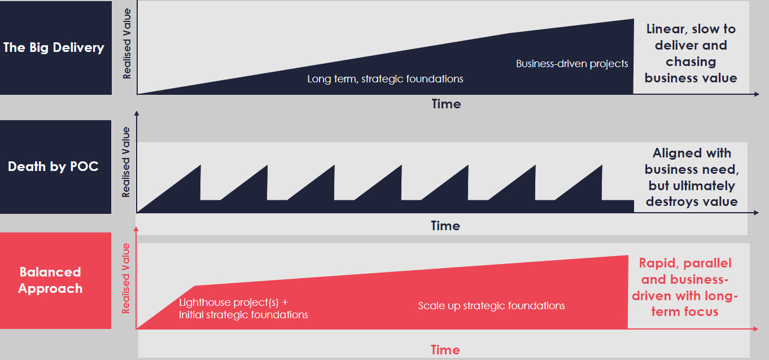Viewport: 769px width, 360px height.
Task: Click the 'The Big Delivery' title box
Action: pos(56,48)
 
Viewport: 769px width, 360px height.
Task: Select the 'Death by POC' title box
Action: pos(56,167)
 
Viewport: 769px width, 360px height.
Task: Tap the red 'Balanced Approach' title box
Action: pos(56,280)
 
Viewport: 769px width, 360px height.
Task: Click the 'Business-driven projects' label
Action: pos(572,64)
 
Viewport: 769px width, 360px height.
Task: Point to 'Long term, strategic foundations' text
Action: pos(385,79)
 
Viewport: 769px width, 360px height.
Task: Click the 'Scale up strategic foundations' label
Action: pos(491,305)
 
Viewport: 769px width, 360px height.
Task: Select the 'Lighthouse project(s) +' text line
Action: pos(233,302)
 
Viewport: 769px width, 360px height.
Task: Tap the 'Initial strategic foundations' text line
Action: pos(243,315)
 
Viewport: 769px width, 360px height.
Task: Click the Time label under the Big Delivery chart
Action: pos(446,104)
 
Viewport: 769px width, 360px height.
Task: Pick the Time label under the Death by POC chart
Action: pos(445,226)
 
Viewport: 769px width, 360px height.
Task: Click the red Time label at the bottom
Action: pos(445,350)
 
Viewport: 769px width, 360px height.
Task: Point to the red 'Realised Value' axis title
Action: pos(126,278)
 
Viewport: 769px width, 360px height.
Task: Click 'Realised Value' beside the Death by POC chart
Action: pos(126,162)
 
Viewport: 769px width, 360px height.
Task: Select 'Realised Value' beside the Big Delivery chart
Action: pos(127,43)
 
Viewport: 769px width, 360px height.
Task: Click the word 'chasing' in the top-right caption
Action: pos(691,62)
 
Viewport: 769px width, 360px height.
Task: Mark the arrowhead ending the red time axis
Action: pos(755,329)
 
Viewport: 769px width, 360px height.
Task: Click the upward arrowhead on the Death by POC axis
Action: pos(137,113)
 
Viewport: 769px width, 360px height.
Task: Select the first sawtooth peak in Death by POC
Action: pos(200,166)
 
